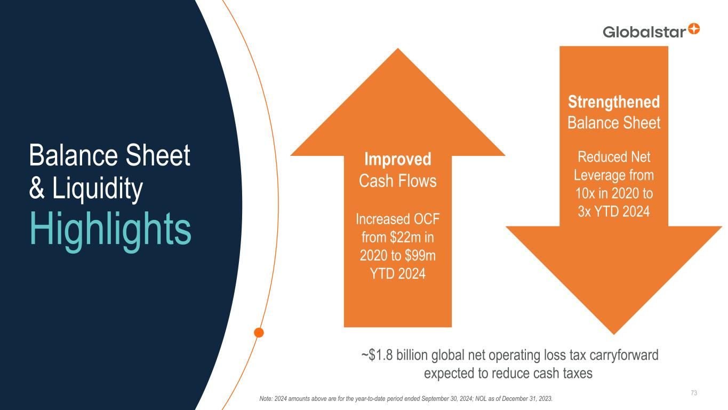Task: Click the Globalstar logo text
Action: pyautogui.click(x=644, y=32)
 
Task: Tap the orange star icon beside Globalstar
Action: pyautogui.click(x=694, y=29)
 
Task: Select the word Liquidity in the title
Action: pyautogui.click(x=98, y=189)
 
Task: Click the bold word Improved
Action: pyautogui.click(x=398, y=160)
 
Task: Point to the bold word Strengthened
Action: pyautogui.click(x=614, y=102)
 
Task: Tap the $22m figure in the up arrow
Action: pyautogui.click(x=405, y=237)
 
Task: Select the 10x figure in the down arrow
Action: pyautogui.click(x=585, y=193)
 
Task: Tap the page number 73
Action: pyautogui.click(x=694, y=393)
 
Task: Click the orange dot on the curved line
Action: pyautogui.click(x=259, y=333)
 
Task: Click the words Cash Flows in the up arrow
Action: pyautogui.click(x=398, y=181)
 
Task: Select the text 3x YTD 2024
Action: pyautogui.click(x=614, y=211)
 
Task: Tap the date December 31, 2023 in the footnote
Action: pyautogui.click(x=527, y=399)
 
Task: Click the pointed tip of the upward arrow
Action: pyautogui.click(x=398, y=49)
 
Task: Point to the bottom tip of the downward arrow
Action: pyautogui.click(x=614, y=334)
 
